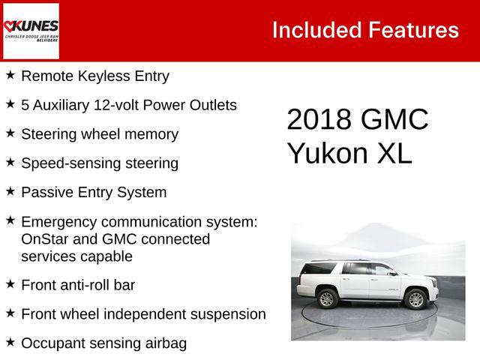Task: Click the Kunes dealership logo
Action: click(x=31, y=30)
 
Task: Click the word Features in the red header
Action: click(x=413, y=30)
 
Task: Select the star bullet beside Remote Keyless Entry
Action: click(x=10, y=75)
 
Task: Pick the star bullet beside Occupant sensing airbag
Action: click(x=10, y=342)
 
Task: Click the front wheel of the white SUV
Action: click(x=416, y=300)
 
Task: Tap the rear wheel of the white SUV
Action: click(x=327, y=299)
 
